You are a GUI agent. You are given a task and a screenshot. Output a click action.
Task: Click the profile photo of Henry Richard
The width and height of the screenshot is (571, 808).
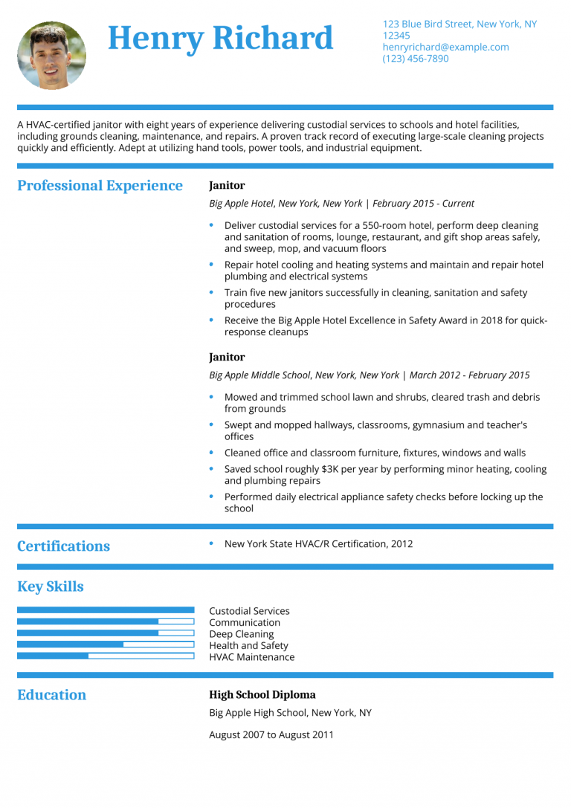[x=51, y=56]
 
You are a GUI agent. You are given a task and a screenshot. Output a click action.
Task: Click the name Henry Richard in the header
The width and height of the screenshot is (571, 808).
[x=221, y=38]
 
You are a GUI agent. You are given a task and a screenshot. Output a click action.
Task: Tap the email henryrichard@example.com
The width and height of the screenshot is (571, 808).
[x=445, y=47]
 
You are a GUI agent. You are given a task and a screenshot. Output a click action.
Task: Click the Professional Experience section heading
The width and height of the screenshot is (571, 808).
[x=100, y=186]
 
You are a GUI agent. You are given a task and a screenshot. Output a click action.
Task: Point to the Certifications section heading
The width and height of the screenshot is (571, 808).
[x=63, y=546]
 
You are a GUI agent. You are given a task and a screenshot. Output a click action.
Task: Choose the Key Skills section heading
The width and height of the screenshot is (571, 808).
[x=50, y=586]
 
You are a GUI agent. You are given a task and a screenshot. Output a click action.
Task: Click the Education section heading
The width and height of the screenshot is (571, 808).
[x=51, y=695]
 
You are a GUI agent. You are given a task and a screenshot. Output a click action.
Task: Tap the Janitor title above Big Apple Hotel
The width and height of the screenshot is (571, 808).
[x=227, y=186]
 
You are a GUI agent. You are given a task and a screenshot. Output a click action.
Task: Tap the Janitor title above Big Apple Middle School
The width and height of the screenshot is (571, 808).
[x=227, y=358]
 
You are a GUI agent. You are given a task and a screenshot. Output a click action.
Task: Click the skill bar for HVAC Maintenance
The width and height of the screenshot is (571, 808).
[x=105, y=656]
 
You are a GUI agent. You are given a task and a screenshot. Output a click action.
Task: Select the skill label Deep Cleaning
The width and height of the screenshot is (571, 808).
[x=241, y=634]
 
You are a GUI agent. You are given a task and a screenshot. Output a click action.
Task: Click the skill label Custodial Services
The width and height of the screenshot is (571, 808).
[x=249, y=611]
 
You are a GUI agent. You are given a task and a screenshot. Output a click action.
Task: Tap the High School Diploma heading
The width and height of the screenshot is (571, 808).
[x=262, y=695]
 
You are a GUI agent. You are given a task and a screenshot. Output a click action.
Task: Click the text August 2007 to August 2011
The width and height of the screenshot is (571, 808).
[x=271, y=735]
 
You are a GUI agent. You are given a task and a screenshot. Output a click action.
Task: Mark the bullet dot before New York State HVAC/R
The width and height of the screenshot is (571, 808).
[x=212, y=543]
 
